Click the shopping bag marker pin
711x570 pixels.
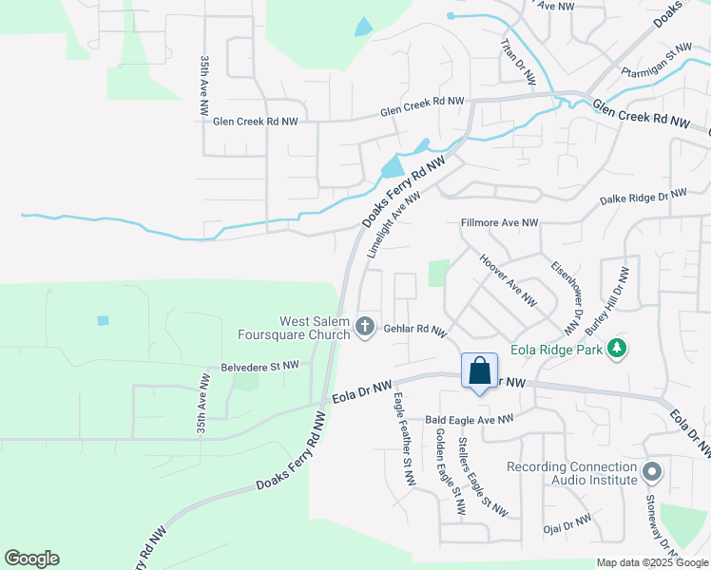click(480, 370)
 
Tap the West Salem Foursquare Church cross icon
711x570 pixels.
click(364, 328)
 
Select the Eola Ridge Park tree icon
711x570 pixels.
click(618, 349)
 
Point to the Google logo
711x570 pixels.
click(31, 559)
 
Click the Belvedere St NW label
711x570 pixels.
click(260, 365)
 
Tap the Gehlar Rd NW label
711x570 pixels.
click(415, 330)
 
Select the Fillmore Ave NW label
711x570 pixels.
click(499, 223)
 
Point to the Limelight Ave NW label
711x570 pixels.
click(394, 227)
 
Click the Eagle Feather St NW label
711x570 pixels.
click(404, 441)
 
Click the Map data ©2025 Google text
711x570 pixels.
click(652, 562)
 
